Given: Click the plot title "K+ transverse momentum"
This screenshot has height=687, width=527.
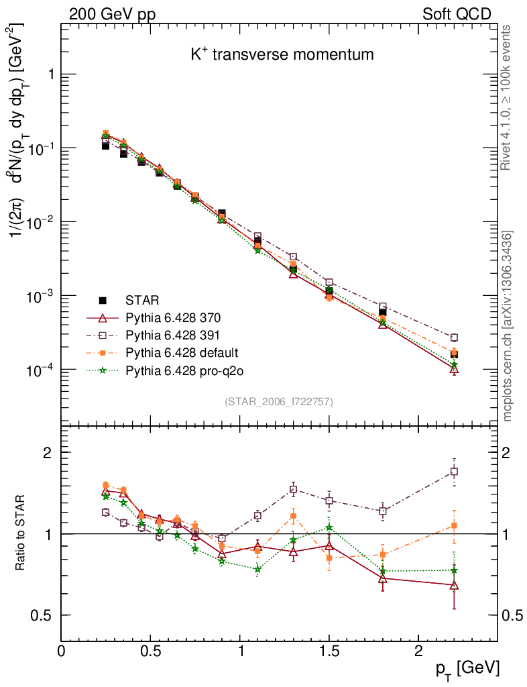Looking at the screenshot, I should tap(282, 55).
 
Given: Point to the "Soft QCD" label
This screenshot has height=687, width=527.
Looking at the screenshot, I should tap(457, 14).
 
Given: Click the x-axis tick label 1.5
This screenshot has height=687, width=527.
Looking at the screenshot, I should tap(329, 650).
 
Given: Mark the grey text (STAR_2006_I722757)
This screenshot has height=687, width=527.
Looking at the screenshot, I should tap(279, 401).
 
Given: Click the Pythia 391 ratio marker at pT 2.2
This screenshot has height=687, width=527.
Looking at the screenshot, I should tap(455, 472).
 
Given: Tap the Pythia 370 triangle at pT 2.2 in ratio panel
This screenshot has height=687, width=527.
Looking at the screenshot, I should tap(455, 585).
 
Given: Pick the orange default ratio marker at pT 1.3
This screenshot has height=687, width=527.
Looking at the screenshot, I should tap(293, 516).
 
